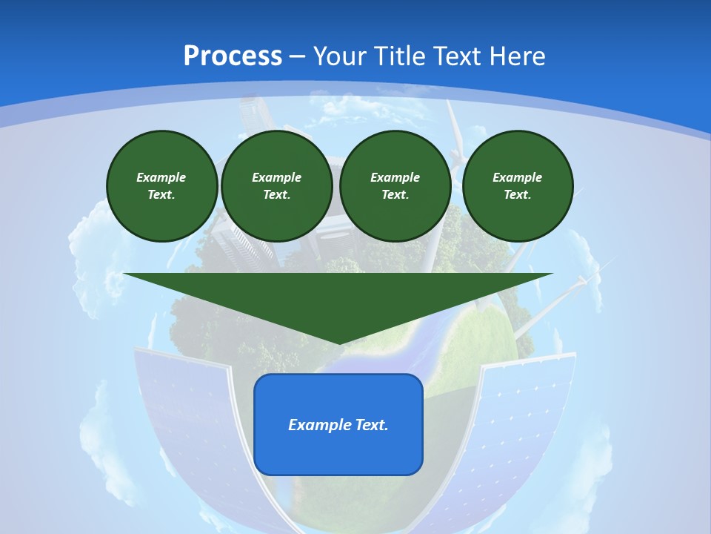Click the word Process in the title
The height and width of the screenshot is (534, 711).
[233, 56]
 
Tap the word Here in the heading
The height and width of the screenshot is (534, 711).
[518, 56]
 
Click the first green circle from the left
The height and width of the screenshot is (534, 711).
[162, 186]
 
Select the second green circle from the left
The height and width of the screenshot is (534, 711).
[277, 186]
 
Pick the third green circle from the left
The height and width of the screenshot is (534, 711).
[395, 186]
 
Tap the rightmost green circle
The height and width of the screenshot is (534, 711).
[518, 186]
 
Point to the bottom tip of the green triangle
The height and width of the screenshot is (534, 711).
[338, 343]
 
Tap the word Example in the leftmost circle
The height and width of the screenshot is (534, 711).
[161, 177]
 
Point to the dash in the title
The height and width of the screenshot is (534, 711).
[298, 56]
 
